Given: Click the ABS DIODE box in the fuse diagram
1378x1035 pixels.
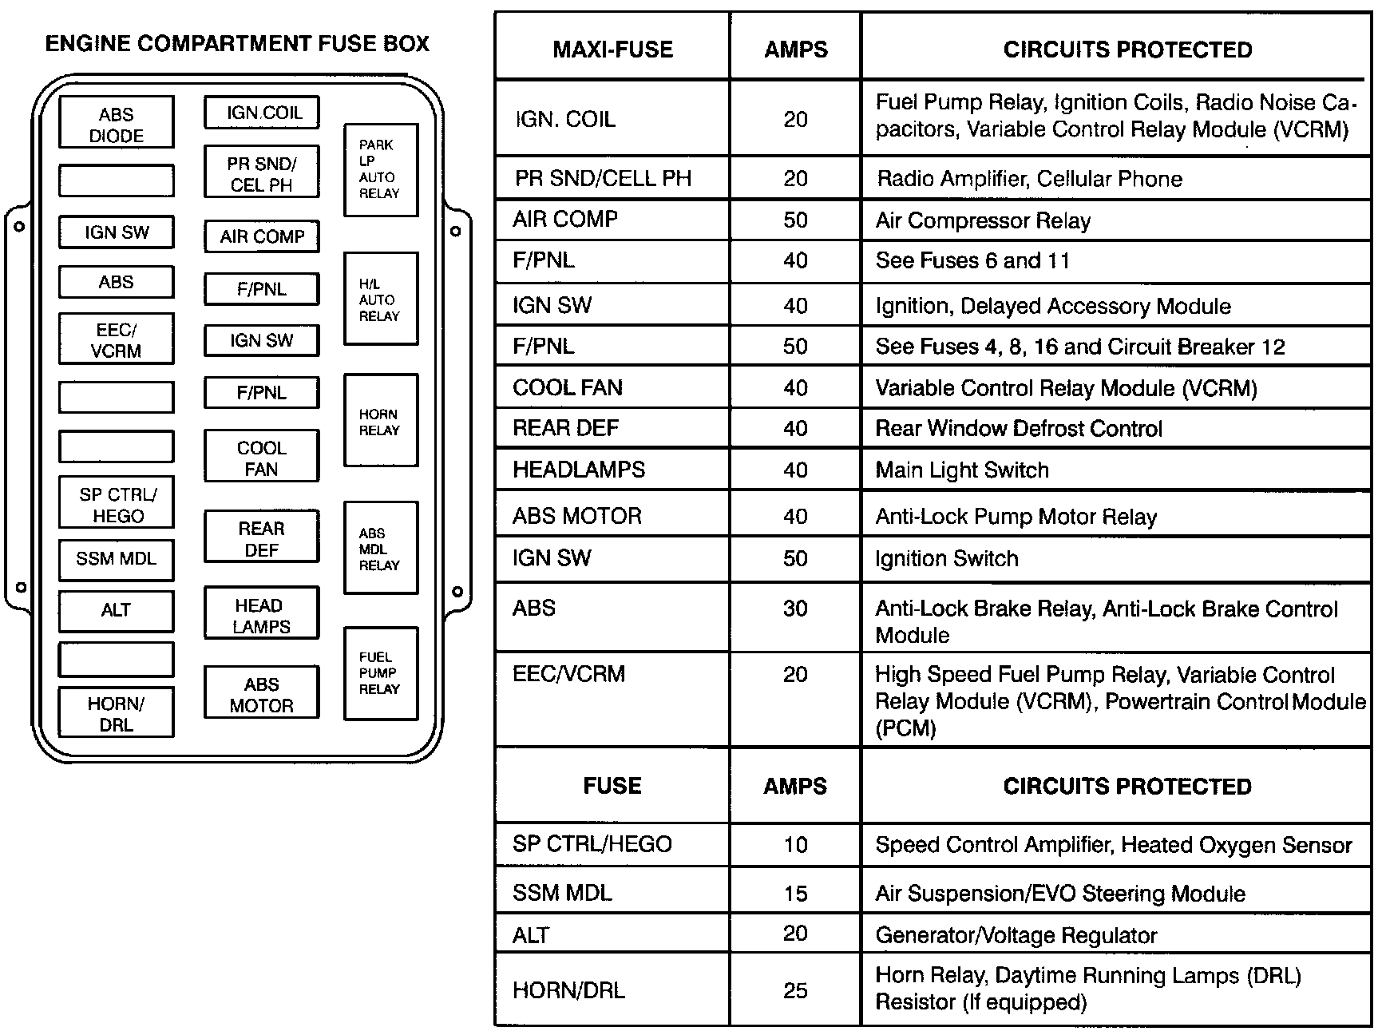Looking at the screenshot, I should coord(117,124).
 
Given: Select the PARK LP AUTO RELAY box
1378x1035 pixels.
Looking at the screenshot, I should coord(381,169).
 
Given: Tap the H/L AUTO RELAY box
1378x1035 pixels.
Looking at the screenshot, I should coord(381,299).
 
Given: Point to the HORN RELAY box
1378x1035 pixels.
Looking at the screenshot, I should coord(381,422).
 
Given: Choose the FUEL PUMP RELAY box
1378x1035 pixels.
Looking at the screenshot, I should coord(381,673).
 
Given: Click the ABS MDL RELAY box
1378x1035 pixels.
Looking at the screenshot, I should coord(381,549).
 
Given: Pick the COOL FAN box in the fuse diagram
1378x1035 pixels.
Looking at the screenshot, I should coord(262,458).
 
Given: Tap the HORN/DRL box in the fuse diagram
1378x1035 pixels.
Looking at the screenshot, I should coord(117,713).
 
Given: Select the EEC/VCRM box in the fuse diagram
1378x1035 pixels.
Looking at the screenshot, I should coord(117,339).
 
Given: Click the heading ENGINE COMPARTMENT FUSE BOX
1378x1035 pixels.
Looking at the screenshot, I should coord(237,43).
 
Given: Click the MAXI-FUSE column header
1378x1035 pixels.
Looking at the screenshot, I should coord(612,50).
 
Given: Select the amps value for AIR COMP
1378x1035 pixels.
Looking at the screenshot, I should coord(795,220).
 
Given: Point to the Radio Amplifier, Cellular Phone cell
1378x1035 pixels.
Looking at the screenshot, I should coord(1029,178).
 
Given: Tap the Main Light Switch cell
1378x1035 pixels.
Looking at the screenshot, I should coord(962,470).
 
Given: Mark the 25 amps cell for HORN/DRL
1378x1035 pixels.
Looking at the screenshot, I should coord(795,990).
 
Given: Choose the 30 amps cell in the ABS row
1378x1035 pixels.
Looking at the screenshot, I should coord(795,609).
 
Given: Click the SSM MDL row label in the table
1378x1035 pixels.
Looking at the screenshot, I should coord(562,893).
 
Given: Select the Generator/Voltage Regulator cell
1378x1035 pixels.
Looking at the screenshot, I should coord(1016,935).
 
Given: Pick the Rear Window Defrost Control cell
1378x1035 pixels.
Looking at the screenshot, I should coord(1019,429).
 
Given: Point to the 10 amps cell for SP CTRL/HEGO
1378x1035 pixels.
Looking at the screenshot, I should coord(795,845).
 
